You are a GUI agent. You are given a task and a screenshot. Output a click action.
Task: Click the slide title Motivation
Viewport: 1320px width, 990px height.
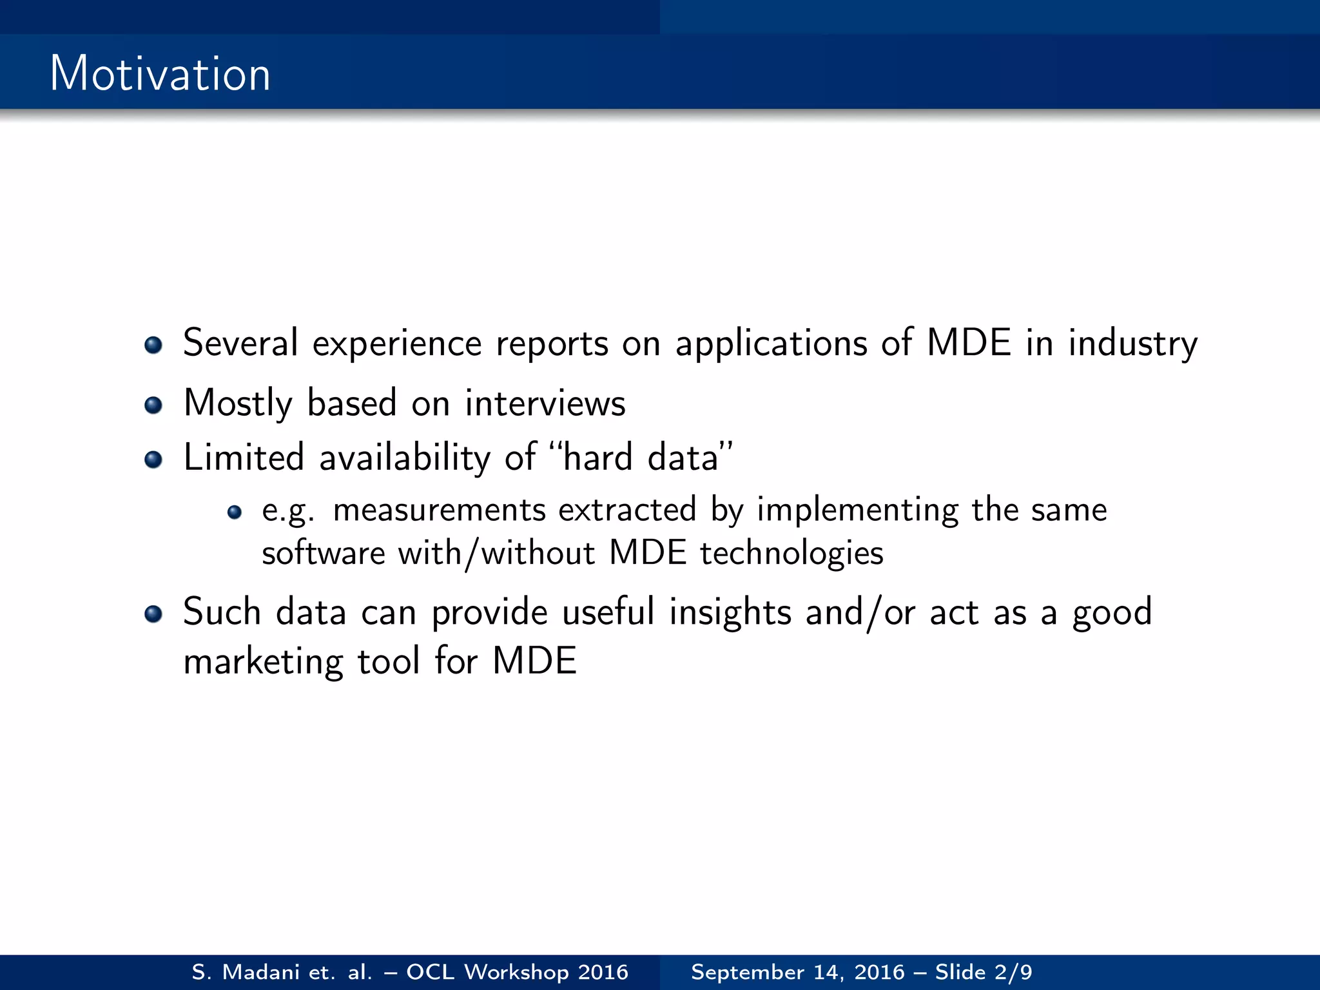(160, 73)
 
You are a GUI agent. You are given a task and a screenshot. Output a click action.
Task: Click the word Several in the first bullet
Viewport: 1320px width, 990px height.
(240, 343)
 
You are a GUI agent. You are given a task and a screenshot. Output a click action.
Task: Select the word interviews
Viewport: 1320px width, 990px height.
(545, 404)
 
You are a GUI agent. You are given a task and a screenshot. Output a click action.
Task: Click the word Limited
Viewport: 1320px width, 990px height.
(244, 458)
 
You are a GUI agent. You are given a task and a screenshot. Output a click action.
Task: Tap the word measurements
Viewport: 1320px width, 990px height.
(440, 510)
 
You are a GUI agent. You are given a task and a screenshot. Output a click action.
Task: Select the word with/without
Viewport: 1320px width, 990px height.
(496, 554)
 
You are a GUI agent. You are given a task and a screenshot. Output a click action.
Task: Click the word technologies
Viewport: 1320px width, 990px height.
(791, 554)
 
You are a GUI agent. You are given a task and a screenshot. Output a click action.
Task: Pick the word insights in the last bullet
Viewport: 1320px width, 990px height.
(730, 612)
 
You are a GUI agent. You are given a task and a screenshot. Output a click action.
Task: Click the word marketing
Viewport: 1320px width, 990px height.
(263, 662)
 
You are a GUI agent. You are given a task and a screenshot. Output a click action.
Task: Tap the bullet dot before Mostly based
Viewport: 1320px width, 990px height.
(153, 405)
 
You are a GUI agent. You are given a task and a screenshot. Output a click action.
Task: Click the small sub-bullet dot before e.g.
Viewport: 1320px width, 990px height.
(235, 512)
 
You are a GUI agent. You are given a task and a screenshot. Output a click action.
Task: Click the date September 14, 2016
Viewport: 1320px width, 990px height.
(797, 972)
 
